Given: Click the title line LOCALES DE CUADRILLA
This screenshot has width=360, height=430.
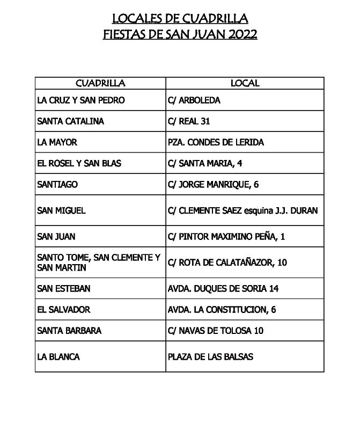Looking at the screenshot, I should coord(180,19).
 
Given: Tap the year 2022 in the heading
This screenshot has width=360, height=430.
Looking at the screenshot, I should coord(243,35).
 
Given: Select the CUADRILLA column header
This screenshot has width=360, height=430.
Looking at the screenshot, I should coord(100,83).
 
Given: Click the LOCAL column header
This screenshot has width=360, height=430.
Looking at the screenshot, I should coord(245,83).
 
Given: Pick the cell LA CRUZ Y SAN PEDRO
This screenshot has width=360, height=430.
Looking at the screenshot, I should coord(80,100).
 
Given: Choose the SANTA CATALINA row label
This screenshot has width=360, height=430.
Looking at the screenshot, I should coord(70,121).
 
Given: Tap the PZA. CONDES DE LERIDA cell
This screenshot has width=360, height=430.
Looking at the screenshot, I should coord(216,142).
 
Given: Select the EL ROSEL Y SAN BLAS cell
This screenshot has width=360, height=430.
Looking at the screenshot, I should coord(79,163).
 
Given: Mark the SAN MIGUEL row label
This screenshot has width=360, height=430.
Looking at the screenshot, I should coord(61,210).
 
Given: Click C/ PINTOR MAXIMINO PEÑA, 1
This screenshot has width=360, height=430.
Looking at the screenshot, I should coord(226,236).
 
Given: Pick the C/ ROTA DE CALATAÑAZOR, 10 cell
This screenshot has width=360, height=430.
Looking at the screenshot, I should coord(227,263).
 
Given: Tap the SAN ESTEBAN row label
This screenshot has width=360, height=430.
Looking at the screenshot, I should coord(63,288).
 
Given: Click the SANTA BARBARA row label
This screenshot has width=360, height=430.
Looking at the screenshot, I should coord(69,331).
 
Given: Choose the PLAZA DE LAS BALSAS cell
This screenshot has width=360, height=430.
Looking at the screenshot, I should coord(210,357).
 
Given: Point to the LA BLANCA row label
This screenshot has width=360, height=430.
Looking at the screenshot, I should coord(58,357).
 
